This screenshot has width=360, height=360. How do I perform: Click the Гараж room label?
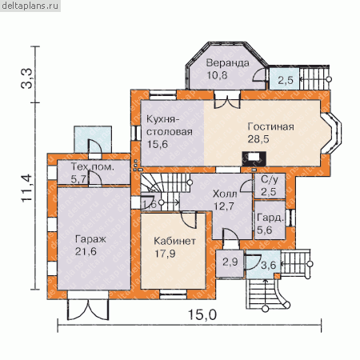(90, 239)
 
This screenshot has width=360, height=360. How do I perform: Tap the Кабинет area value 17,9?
(165, 254)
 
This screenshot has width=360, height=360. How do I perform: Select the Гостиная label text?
(270, 126)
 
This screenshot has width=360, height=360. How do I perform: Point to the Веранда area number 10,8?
(218, 75)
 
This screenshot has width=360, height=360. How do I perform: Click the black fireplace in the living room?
(254, 158)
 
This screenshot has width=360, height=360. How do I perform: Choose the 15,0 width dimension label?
(202, 314)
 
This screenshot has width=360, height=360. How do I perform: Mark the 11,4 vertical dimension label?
(27, 188)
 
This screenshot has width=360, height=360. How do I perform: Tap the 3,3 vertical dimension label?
(26, 78)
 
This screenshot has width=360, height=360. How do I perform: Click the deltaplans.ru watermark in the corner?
(30, 6)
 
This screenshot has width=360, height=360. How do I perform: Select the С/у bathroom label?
(270, 179)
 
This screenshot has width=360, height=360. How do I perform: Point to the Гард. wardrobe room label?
(270, 218)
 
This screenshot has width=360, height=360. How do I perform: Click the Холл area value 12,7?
(224, 206)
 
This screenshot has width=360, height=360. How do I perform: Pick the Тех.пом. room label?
(93, 167)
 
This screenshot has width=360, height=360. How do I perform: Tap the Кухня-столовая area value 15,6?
(158, 144)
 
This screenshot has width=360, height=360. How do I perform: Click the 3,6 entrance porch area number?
(268, 265)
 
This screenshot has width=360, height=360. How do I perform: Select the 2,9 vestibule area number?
(230, 262)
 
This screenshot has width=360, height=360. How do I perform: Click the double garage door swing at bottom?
(88, 310)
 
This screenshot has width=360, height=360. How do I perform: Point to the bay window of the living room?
(331, 134)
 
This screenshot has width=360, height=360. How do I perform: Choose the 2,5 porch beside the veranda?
(286, 80)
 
